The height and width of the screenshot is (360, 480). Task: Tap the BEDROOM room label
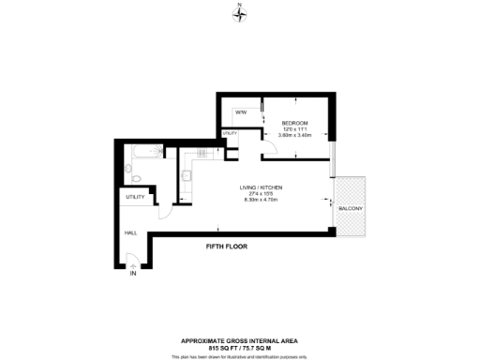click(295, 123)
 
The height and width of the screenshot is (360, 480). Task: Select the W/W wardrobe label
click(241, 112)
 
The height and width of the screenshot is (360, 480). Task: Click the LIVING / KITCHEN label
click(263, 187)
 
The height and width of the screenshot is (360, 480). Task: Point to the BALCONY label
click(351, 207)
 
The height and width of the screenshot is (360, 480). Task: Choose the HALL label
click(131, 232)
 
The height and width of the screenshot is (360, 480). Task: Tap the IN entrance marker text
click(133, 274)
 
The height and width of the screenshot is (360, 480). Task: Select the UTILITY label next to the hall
click(135, 198)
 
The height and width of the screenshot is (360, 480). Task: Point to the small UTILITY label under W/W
click(229, 134)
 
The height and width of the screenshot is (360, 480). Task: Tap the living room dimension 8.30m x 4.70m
click(263, 201)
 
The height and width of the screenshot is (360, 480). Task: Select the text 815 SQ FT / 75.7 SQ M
click(239, 346)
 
